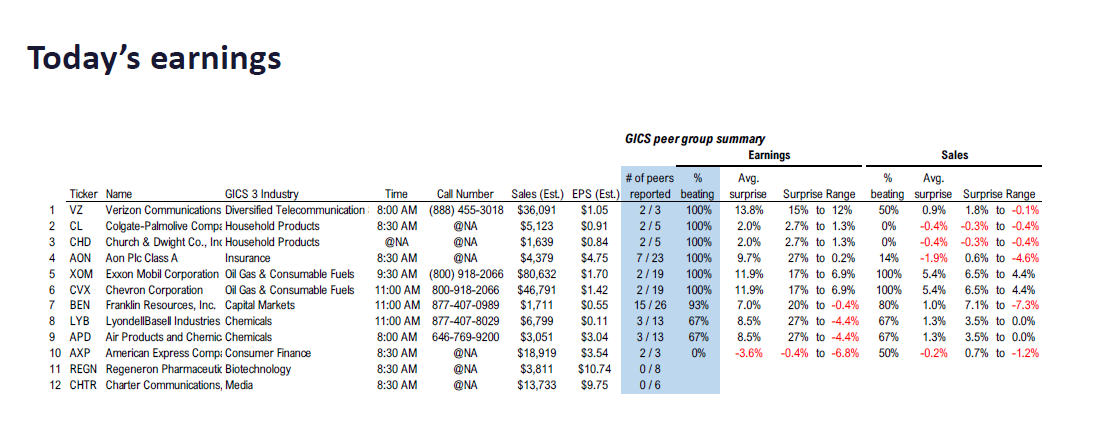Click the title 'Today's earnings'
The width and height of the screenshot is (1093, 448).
[154, 59]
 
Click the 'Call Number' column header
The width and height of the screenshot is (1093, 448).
[465, 194]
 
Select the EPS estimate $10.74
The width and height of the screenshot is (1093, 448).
[596, 369]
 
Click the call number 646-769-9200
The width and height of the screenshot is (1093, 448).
[465, 337]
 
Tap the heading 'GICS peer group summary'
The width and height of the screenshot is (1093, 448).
[696, 139]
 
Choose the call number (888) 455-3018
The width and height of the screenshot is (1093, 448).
[465, 210]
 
